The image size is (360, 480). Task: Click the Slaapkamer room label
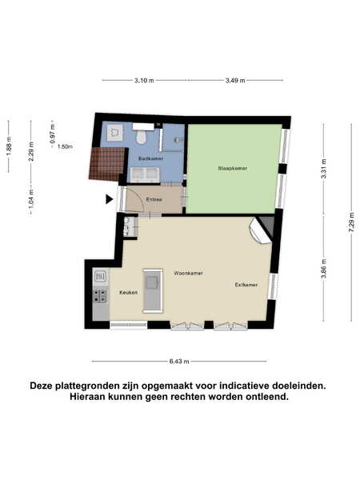pos(232,168)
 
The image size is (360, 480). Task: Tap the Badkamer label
pos(150,158)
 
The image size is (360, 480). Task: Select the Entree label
pos(154,199)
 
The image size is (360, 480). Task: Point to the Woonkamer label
pos(188,273)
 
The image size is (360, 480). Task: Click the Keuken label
pos(129,292)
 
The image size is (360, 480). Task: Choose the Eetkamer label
pos(246,285)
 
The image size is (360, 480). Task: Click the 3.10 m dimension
pos(144,81)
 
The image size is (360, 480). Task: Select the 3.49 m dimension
pos(235,81)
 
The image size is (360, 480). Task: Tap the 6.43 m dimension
pos(179,362)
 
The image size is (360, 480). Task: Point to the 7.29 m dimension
pos(352,222)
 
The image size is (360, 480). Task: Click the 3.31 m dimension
pos(324,168)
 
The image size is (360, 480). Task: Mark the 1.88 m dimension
pos(9,146)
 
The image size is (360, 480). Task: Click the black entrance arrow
pos(110,199)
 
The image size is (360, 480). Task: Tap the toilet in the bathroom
pos(141,138)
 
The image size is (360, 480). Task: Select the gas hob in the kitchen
pos(100,296)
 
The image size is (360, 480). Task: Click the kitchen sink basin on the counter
pos(101,277)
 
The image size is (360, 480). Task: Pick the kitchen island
pos(153,291)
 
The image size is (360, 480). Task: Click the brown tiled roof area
pos(107,164)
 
